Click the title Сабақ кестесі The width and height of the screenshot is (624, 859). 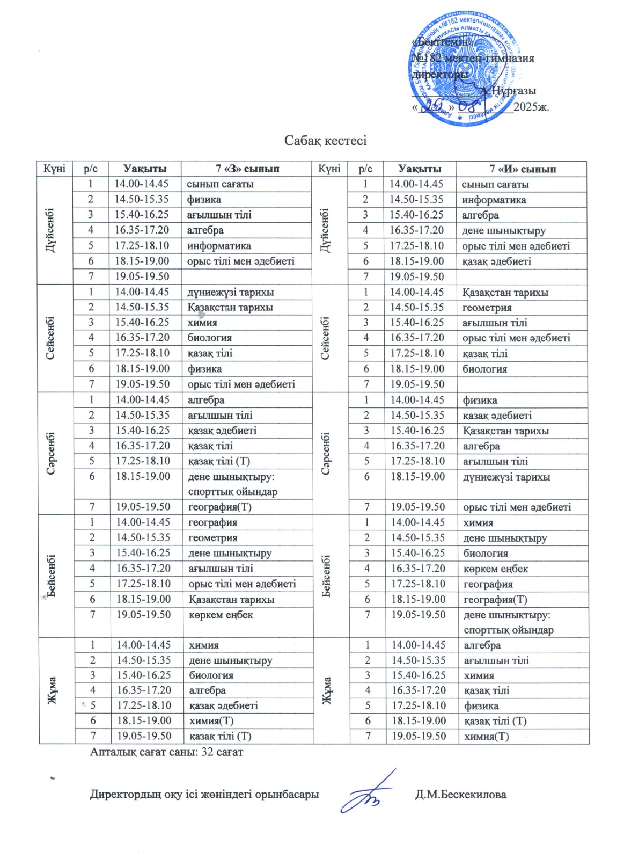[325, 141]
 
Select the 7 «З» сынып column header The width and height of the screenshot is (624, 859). [247, 169]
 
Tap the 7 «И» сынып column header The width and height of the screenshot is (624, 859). [522, 169]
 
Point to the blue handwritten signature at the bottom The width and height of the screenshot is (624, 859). [369, 792]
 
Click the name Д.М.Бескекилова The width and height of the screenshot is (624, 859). [460, 795]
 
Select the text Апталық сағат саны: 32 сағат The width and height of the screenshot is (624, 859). [166, 752]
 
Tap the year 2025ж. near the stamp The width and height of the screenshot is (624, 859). [531, 106]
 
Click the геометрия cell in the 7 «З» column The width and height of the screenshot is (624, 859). [213, 538]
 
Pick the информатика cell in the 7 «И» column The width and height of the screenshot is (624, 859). [494, 200]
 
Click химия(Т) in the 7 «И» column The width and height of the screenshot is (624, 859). [486, 736]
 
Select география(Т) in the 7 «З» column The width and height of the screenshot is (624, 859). [220, 507]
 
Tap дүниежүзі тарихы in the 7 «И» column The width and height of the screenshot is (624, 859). [506, 477]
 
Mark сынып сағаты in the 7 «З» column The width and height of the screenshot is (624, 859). [220, 184]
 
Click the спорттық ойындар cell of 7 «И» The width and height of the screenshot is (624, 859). [508, 630]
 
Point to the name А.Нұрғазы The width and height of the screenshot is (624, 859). [508, 91]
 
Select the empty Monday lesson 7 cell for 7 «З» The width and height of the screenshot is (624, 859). [247, 276]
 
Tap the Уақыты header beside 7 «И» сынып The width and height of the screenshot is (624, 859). [420, 169]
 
